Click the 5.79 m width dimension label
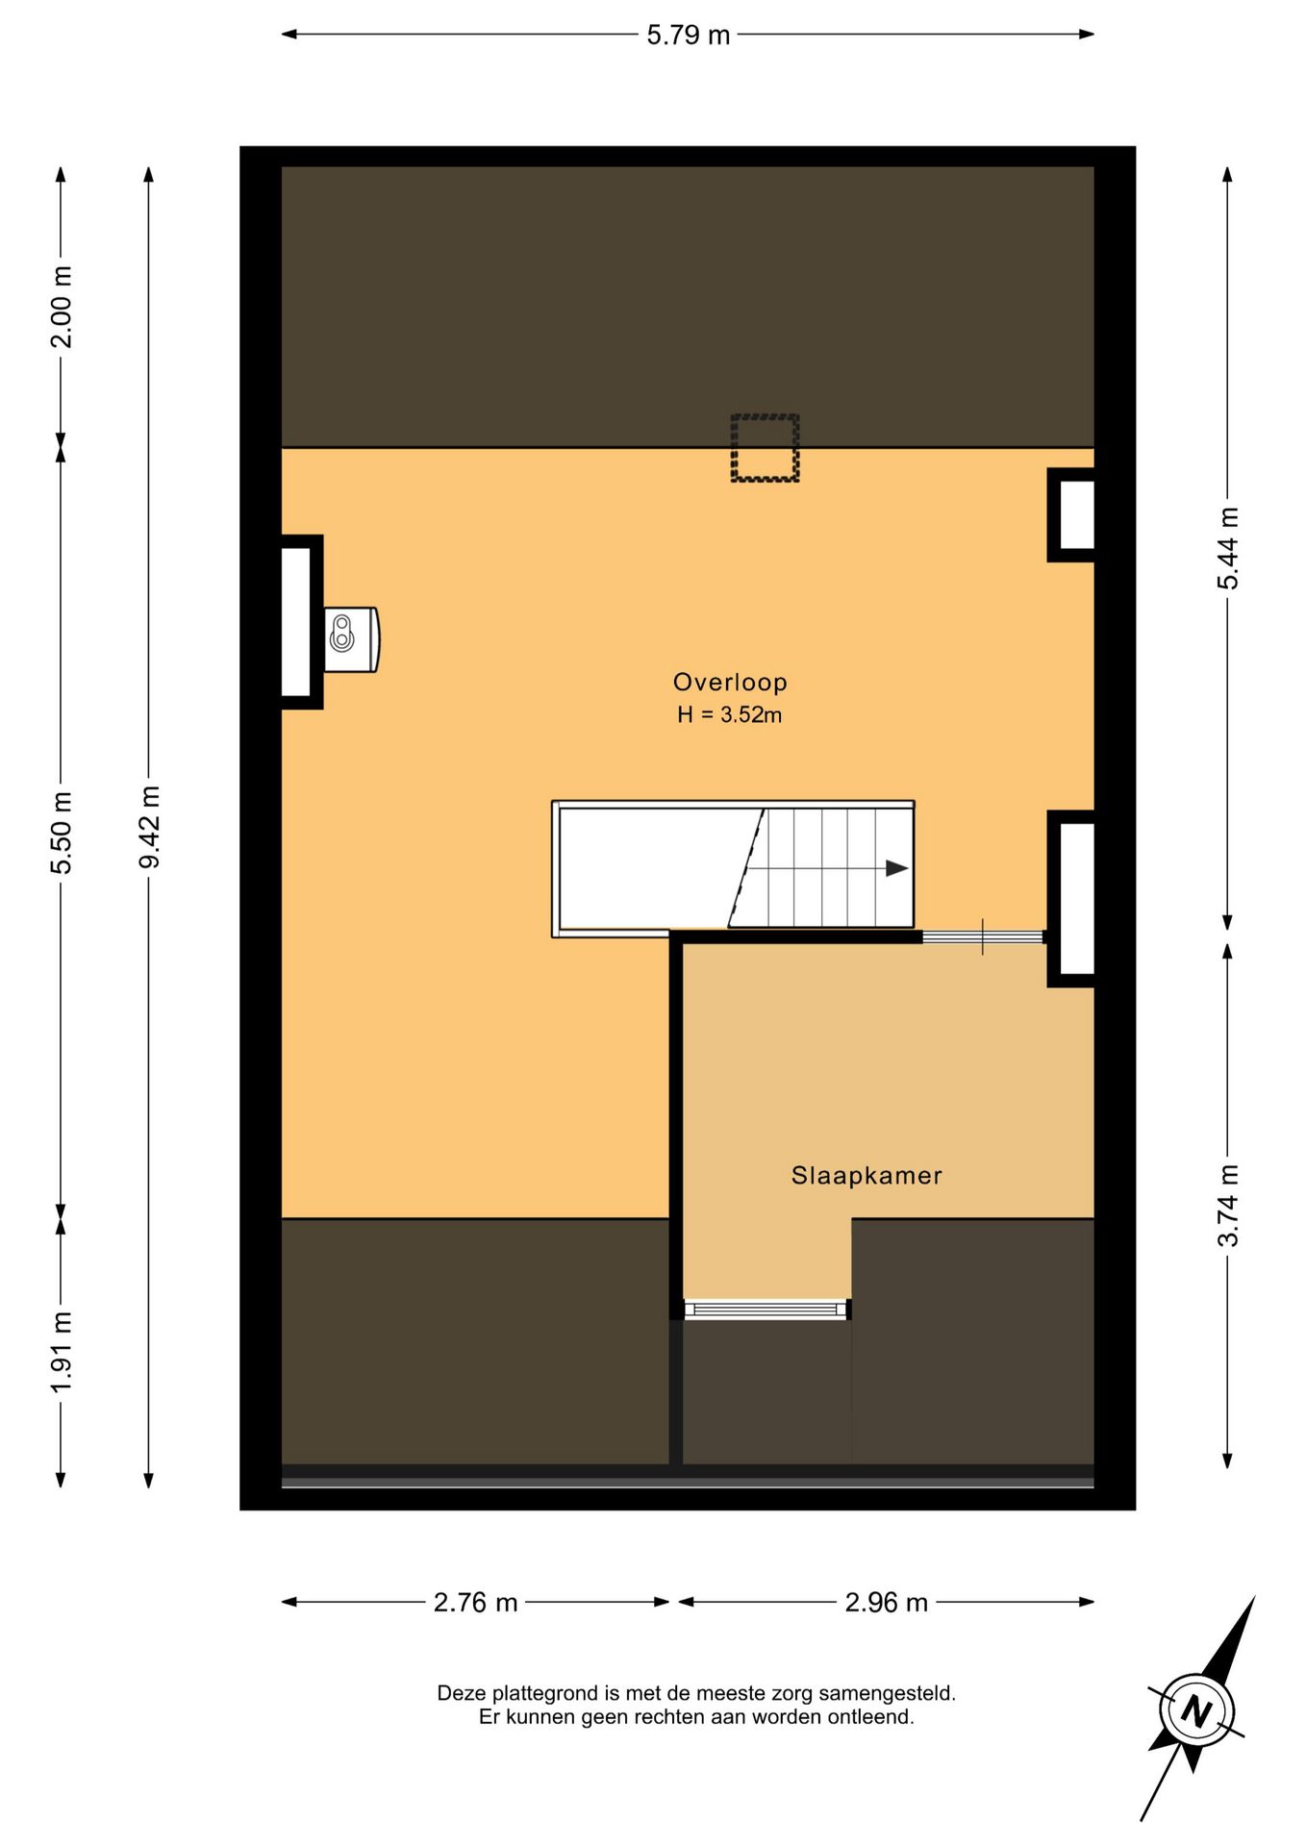pos(688,36)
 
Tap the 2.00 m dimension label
pos(61,307)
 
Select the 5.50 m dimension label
pos(61,833)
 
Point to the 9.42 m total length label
pos(149,827)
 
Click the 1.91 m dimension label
pos(61,1351)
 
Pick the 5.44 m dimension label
pos(1228,548)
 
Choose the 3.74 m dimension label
pos(1228,1206)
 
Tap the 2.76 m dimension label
pos(475,1603)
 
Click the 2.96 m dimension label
pos(886,1603)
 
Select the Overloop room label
pos(730,683)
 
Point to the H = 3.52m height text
pos(729,714)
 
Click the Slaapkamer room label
pos(866,1175)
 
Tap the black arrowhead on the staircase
pos(896,868)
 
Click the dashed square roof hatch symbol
pos(765,448)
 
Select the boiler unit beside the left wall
pos(351,639)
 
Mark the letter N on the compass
pos(1195,1711)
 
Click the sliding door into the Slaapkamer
pos(983,936)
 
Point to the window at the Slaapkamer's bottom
pos(766,1309)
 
